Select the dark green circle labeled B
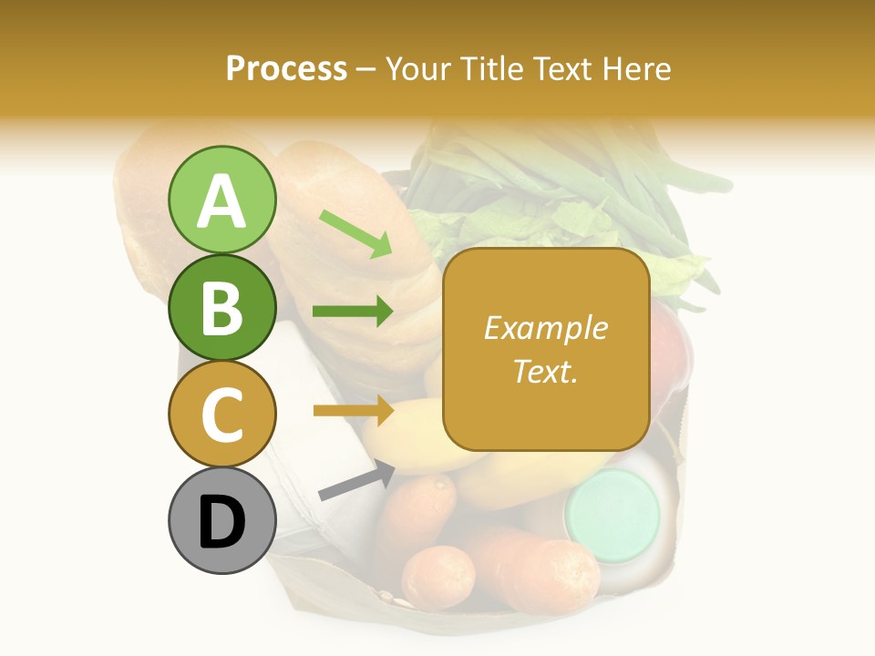[x=221, y=307]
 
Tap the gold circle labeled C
[x=221, y=414]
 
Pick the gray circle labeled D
[x=221, y=520]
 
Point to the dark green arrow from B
[x=353, y=312]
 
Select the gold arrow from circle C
[x=353, y=411]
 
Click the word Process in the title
[x=286, y=68]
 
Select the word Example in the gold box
[x=545, y=328]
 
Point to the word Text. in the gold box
[x=545, y=371]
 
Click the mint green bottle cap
[x=612, y=515]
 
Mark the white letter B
[x=221, y=307]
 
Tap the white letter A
[x=221, y=200]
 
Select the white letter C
[x=221, y=415]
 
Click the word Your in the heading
[x=416, y=68]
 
